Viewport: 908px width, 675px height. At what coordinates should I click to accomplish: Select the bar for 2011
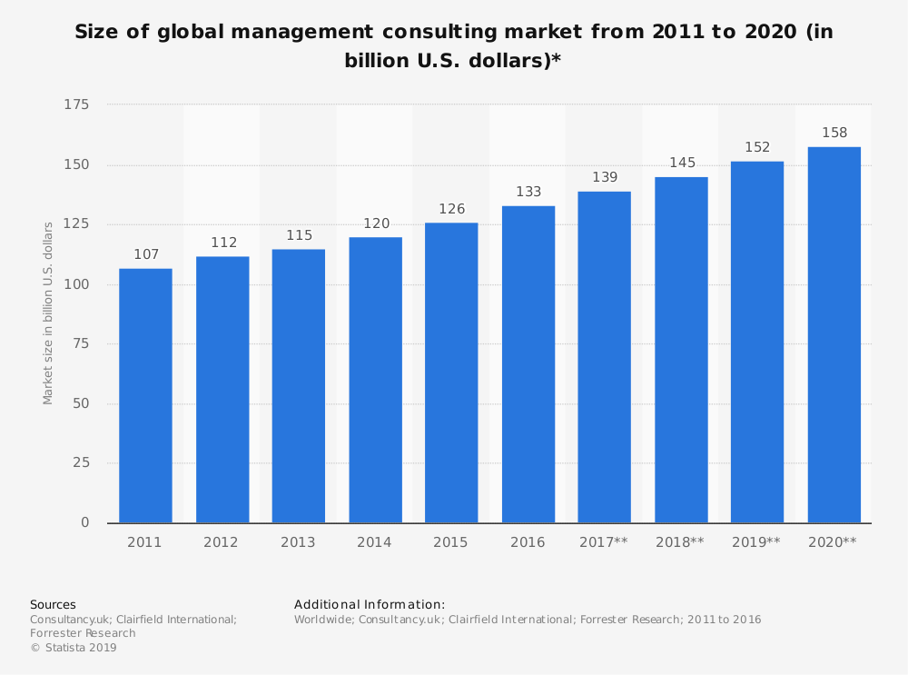click(x=145, y=395)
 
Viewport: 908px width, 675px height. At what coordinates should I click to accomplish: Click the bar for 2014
click(x=375, y=380)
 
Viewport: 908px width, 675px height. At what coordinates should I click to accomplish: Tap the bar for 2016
click(x=528, y=364)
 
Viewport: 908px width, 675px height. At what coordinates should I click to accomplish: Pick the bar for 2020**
click(x=834, y=334)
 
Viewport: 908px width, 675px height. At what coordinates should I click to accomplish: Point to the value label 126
click(x=451, y=209)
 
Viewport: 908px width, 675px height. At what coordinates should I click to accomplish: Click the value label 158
click(x=834, y=133)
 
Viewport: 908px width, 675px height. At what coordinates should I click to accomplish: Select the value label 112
click(x=222, y=243)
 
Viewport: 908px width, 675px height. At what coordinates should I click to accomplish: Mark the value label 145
click(x=681, y=163)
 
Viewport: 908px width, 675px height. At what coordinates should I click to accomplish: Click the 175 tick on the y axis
click(x=76, y=105)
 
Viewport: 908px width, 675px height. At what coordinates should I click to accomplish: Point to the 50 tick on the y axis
click(x=82, y=403)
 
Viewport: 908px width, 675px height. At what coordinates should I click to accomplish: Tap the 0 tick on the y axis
click(x=85, y=522)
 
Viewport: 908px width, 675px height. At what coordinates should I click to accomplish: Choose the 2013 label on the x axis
click(x=298, y=542)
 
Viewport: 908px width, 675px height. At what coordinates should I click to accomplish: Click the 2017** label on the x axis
click(x=604, y=542)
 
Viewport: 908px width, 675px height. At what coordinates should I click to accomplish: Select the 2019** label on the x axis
click(x=756, y=542)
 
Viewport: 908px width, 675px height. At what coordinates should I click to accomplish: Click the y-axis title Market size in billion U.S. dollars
click(x=48, y=313)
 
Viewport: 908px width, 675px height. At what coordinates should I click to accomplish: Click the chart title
click(x=453, y=46)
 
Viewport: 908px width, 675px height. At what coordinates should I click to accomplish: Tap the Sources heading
click(x=53, y=604)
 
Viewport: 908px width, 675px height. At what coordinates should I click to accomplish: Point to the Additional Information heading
click(x=370, y=604)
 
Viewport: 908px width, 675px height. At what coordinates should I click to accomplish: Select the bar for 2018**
click(x=681, y=350)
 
